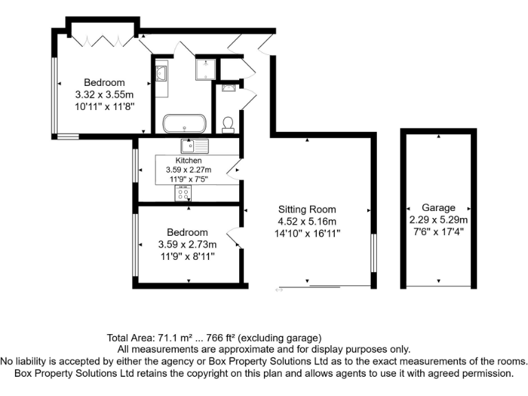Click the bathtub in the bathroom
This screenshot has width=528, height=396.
click(x=184, y=124)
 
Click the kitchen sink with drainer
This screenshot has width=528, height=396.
click(x=195, y=146)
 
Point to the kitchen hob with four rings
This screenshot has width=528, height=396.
click(x=183, y=193)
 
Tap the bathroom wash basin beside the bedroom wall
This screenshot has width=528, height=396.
click(x=161, y=71)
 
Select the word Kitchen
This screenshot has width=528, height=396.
click(x=189, y=161)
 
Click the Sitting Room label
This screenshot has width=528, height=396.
click(x=307, y=209)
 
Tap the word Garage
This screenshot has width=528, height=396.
click(x=439, y=208)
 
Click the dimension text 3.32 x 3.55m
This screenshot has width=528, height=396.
click(x=104, y=95)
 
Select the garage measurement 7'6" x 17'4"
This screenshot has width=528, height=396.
click(x=439, y=232)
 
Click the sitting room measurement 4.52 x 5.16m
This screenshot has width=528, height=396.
click(x=307, y=221)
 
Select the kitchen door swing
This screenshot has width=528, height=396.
click(x=235, y=167)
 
